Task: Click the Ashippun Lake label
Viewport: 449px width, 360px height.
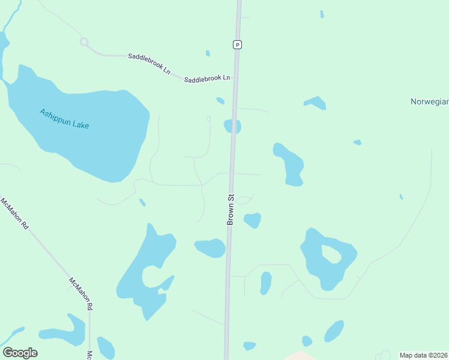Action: [64, 118]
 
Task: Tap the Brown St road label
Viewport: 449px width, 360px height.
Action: [230, 209]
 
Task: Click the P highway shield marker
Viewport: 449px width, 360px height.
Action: [238, 44]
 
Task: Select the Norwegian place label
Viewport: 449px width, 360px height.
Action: [429, 101]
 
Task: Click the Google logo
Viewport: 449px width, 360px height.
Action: [20, 353]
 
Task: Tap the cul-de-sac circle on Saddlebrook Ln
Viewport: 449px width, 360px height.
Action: [84, 42]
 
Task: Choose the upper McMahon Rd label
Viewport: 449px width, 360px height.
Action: [15, 214]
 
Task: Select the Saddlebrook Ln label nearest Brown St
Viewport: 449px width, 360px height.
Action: [207, 79]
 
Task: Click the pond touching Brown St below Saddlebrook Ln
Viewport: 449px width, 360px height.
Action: [232, 127]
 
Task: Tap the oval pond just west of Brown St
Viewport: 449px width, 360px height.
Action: [210, 247]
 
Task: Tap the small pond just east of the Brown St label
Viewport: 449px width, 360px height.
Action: [253, 220]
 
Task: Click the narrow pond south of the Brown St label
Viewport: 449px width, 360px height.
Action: [265, 283]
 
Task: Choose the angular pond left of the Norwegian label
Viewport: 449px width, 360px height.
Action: [315, 103]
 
